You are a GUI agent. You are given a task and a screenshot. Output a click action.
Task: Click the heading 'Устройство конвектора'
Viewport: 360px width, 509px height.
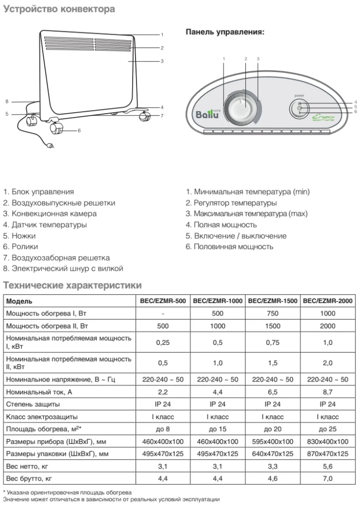(60, 9)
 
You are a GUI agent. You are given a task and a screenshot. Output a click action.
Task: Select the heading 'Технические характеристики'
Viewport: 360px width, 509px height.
(72, 286)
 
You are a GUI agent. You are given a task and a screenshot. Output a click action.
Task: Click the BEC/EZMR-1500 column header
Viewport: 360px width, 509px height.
(273, 301)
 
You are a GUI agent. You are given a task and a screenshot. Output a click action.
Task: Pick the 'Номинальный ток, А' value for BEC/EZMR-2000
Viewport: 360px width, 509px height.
(328, 392)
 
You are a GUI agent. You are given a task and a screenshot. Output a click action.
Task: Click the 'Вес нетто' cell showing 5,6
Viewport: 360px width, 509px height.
(328, 466)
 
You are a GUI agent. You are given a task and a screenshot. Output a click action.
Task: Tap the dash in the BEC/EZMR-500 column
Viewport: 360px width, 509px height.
(163, 314)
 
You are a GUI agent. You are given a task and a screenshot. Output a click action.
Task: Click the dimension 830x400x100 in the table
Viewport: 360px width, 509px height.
(328, 442)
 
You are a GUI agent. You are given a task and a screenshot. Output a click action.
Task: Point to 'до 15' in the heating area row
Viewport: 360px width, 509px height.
(217, 429)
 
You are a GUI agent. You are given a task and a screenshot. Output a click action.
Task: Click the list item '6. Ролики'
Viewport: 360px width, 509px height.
(20, 247)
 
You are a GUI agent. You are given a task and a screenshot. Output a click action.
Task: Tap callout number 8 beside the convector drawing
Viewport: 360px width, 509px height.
(7, 102)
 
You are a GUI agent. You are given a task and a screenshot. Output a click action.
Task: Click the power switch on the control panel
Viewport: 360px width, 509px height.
(300, 108)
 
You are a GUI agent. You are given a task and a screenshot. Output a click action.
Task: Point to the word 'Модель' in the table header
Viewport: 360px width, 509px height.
(20, 301)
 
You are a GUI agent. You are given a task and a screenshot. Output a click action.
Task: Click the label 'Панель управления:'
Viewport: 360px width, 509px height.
(225, 32)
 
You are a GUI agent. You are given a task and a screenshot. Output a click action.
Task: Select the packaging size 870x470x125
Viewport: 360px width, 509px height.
(328, 454)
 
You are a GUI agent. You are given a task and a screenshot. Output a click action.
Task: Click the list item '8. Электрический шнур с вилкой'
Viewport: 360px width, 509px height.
(63, 268)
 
